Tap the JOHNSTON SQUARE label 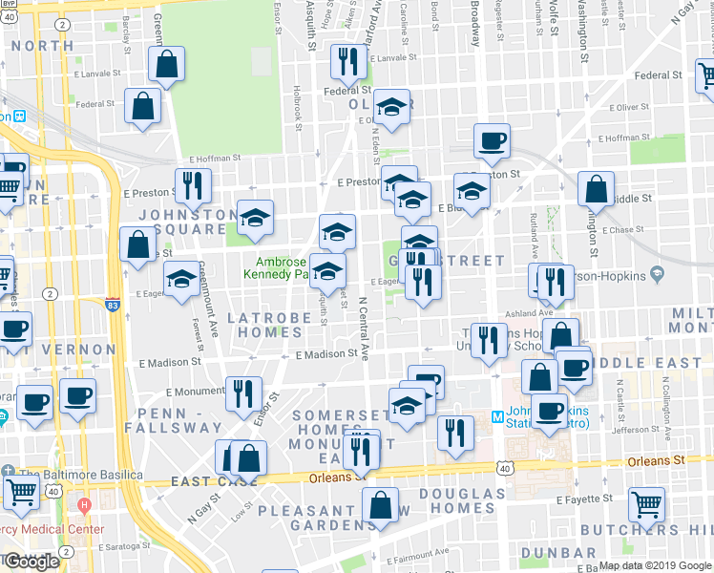point(187,223)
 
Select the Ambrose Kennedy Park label point(281,268)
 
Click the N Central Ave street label point(363,328)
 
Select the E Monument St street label point(196,391)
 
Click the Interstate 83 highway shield point(114,305)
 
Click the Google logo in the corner point(31,562)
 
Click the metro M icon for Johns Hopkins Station point(496,415)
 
